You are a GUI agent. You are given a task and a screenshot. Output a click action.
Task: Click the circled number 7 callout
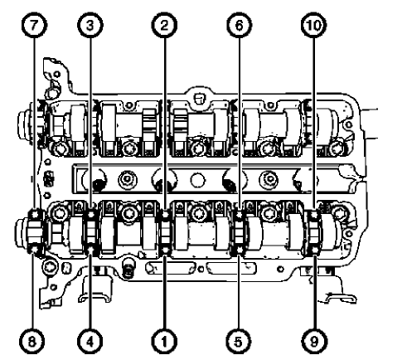click(x=35, y=26)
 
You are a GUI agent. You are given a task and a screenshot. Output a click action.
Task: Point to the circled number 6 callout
click(x=240, y=26)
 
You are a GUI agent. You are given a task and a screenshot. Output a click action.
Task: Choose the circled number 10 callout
click(x=314, y=26)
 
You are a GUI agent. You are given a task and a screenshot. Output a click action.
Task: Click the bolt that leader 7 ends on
click(x=35, y=216)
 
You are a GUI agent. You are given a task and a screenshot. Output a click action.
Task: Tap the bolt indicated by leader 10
click(x=314, y=216)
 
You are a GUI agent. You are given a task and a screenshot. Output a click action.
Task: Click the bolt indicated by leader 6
click(x=240, y=216)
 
